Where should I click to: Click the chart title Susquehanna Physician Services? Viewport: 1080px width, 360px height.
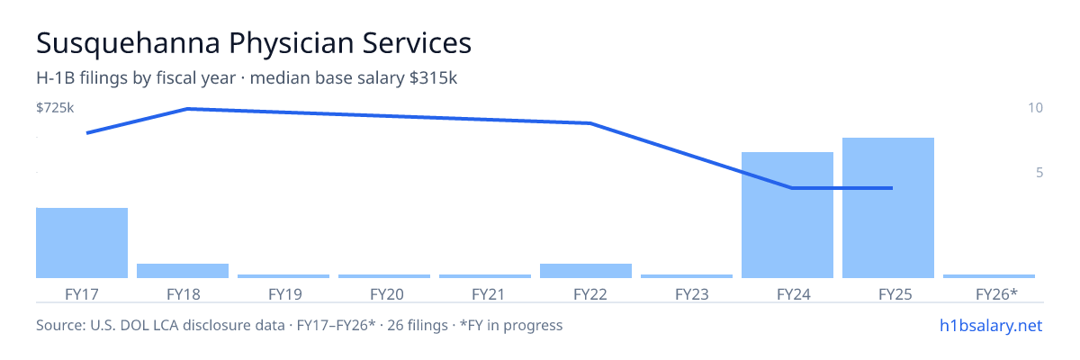[254, 43]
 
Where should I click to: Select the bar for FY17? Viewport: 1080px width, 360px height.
[82, 243]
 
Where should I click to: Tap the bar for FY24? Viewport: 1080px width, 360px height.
[787, 215]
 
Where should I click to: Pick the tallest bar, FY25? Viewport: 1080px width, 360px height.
[888, 208]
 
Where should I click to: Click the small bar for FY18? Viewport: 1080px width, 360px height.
[183, 271]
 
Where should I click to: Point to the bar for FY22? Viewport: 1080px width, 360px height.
[586, 271]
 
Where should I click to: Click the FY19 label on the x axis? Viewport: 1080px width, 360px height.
[285, 294]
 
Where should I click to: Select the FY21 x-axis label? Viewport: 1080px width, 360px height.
[488, 294]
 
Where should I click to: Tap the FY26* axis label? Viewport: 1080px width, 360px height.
[996, 294]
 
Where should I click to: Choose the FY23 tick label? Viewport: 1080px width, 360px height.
[692, 294]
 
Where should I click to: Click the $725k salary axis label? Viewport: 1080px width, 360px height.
[55, 108]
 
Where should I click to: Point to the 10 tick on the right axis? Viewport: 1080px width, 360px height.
[1036, 108]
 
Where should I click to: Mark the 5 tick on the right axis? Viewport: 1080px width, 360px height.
[1039, 173]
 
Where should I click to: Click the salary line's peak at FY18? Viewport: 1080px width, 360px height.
[187, 109]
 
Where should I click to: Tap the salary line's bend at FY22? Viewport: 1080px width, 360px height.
[590, 123]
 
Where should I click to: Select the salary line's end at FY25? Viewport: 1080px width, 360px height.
[893, 188]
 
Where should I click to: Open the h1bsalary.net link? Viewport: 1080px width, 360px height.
[991, 326]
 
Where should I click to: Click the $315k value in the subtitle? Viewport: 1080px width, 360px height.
[433, 78]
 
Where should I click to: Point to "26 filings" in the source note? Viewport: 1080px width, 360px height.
[418, 326]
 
